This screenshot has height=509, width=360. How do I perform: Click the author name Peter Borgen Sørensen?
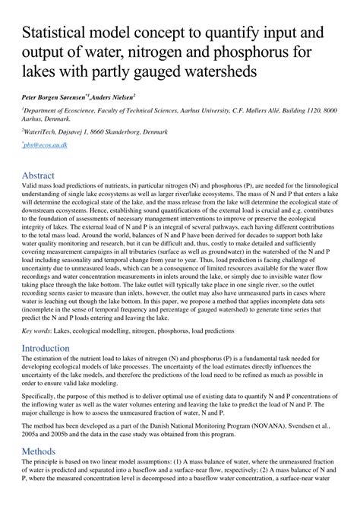coord(54,98)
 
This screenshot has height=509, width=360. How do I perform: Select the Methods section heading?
coord(39,451)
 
